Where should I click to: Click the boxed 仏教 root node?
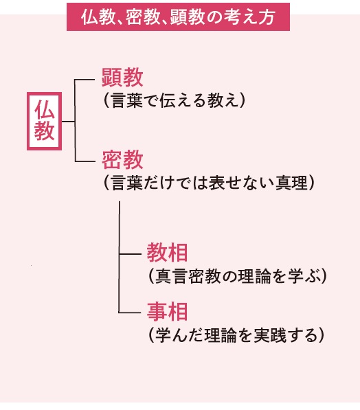[x=44, y=121]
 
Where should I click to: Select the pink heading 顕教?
[x=122, y=77]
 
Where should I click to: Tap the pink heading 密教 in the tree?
[x=122, y=159]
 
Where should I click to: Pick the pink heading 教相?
[x=167, y=252]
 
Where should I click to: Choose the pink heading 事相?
[x=167, y=311]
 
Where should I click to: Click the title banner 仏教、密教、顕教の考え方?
[x=178, y=17]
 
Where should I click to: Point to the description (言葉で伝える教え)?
[x=175, y=100]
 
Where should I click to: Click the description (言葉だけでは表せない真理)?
[x=209, y=182]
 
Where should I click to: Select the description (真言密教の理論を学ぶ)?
[x=238, y=276]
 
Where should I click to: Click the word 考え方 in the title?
[x=253, y=17]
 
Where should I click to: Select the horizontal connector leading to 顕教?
[x=85, y=80]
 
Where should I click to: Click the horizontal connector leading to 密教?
[x=85, y=161]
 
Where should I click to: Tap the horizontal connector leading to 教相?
[x=130, y=253]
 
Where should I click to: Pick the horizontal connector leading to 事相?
[x=130, y=312]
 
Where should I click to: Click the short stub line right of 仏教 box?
[x=68, y=122]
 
